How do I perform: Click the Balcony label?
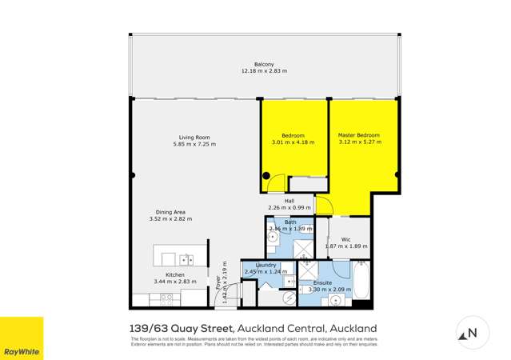click(x=264, y=64)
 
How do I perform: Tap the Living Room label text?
click(x=194, y=137)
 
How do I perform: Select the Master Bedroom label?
click(x=358, y=135)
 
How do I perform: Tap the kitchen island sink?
click(x=186, y=259)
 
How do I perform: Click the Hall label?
click(x=289, y=201)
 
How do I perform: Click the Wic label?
click(x=345, y=238)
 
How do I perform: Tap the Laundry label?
click(x=265, y=265)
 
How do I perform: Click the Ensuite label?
click(x=324, y=282)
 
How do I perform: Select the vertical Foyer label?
click(x=217, y=281)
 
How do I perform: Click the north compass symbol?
click(x=471, y=333)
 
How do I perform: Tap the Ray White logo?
click(x=22, y=338)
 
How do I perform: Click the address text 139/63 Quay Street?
click(x=181, y=329)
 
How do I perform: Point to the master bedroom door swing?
click(x=323, y=206)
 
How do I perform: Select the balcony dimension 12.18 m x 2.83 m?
click(x=264, y=71)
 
